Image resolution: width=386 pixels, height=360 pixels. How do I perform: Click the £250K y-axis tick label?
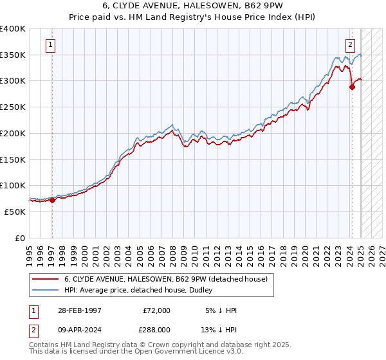13,107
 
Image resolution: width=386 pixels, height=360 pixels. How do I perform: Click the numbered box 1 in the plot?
50,45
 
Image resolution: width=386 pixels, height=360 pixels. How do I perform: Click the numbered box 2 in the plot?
350,45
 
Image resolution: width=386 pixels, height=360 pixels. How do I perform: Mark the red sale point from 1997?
53,200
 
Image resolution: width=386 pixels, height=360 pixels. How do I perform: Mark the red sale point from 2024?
352,87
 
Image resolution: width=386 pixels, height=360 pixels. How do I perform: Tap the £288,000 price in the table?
156,329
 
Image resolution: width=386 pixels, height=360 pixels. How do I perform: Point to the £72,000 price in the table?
156,310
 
